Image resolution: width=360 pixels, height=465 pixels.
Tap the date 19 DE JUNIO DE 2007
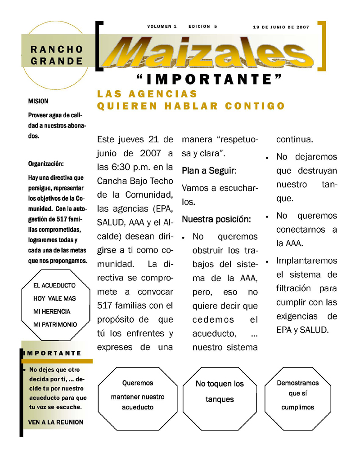coord(281,27)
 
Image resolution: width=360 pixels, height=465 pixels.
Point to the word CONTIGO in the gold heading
coord(255,106)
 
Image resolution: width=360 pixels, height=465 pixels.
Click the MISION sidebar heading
coord(38,102)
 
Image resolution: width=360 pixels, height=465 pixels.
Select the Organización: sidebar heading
coord(46,164)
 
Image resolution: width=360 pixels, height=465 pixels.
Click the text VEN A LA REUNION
coord(55,422)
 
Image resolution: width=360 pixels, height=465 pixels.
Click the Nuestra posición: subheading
coord(216,220)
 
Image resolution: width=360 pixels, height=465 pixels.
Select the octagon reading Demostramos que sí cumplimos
coord(297,395)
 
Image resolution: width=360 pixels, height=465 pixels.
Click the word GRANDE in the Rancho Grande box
coord(57,61)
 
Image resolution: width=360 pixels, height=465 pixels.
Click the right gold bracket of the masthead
coord(322,45)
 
